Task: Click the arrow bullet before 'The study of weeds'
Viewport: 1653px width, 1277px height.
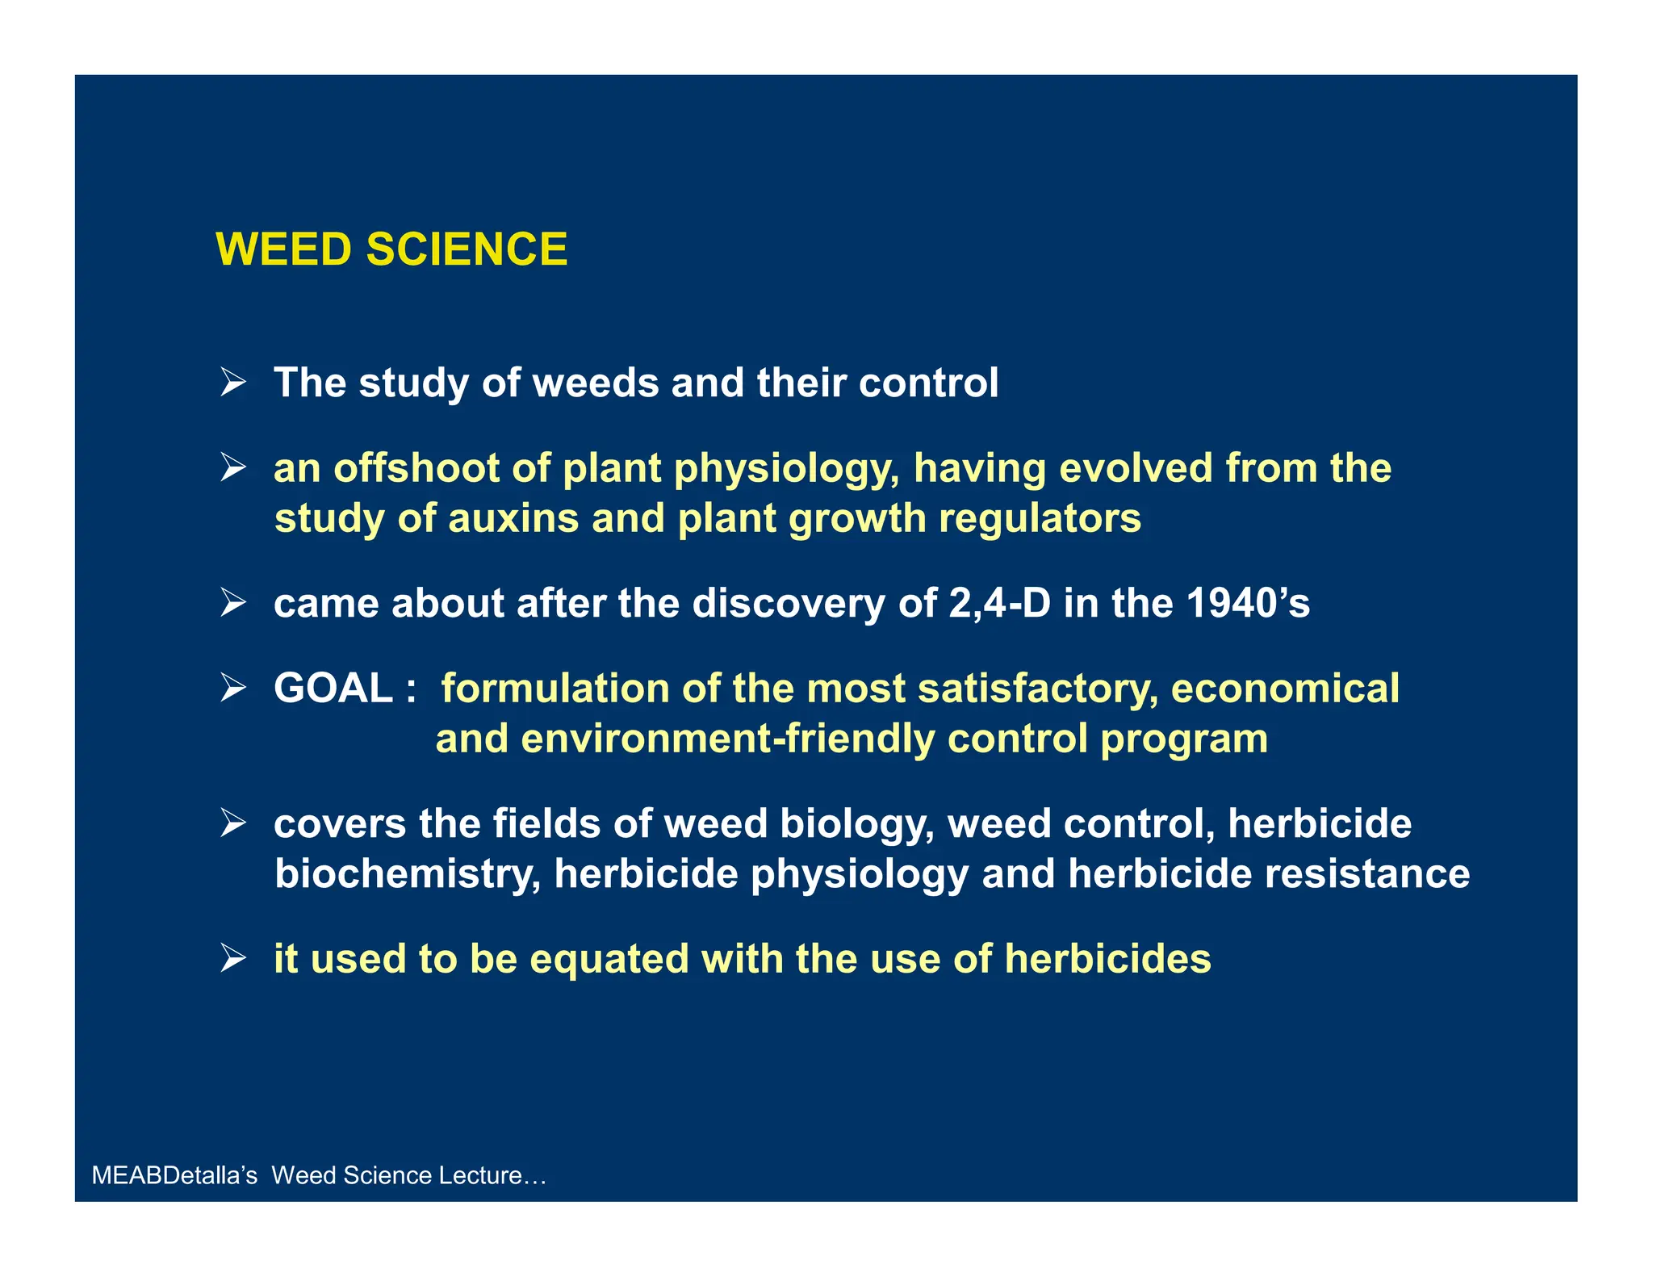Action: (x=232, y=382)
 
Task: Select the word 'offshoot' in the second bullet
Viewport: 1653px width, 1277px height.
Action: (x=419, y=468)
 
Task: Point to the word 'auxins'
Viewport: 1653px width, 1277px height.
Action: (x=513, y=518)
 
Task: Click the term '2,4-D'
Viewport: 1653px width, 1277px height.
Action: (x=999, y=603)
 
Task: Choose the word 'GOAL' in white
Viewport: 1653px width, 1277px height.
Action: (x=333, y=689)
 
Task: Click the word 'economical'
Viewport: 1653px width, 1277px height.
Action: (x=1285, y=689)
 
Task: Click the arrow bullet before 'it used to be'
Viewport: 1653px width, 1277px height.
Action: (x=232, y=959)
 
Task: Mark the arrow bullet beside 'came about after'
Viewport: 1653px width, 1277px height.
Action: (x=232, y=603)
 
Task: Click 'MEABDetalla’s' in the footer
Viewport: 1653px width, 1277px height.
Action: (x=174, y=1175)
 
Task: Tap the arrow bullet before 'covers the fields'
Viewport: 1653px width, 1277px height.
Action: (x=232, y=823)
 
